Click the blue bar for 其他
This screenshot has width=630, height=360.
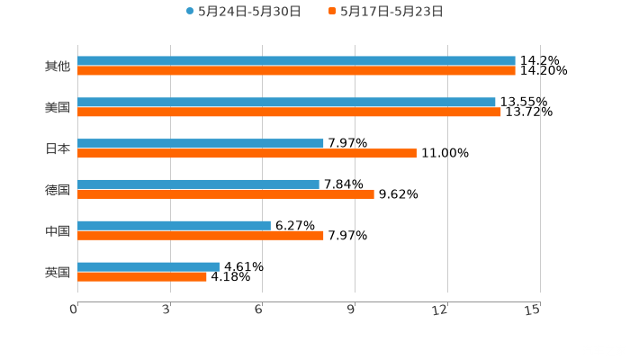pos(296,61)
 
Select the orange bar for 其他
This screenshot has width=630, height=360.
pos(296,71)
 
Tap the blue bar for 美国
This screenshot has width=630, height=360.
pos(286,102)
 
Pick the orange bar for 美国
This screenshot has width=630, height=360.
pos(289,112)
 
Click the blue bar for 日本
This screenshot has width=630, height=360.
pos(201,143)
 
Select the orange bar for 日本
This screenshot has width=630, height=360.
pos(247,153)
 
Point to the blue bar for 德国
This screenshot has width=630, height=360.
pos(198,184)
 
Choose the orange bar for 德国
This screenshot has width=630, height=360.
pos(226,193)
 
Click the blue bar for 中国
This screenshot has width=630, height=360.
pos(174,225)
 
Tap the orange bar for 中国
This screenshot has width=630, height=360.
pos(201,236)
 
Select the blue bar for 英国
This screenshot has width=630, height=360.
pos(148,266)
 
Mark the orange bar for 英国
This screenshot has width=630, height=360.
pos(142,276)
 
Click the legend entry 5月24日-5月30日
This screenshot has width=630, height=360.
pos(243,12)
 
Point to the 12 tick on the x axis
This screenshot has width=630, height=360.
pos(441,310)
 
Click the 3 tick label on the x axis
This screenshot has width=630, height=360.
pos(167,310)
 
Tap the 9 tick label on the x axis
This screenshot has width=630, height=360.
pos(353,310)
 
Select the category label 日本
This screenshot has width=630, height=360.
pos(57,148)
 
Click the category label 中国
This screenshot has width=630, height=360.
pos(57,230)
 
